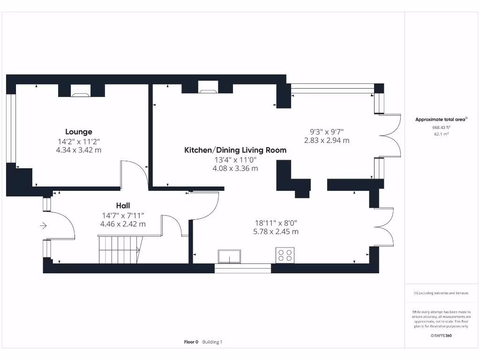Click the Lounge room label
click(79, 132)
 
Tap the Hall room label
click(123, 205)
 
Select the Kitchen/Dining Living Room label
click(235, 150)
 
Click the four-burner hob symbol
click(285, 255)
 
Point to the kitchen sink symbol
click(229, 256)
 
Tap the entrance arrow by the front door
click(43, 226)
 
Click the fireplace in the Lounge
click(81, 90)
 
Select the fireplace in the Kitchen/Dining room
click(208, 87)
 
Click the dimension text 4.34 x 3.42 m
click(79, 150)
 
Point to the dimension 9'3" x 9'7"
click(327, 132)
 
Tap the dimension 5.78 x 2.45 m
click(276, 232)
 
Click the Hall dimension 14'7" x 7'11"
click(123, 216)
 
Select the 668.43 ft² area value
click(441, 127)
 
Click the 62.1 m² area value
click(441, 134)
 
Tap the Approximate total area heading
click(441, 120)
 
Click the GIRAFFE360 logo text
click(441, 336)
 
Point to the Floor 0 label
click(191, 342)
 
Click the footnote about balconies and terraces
click(441, 293)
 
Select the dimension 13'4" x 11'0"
click(235, 160)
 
